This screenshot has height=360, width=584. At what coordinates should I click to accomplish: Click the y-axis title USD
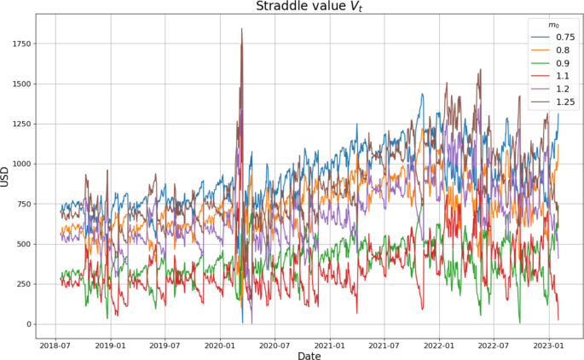point(7,177)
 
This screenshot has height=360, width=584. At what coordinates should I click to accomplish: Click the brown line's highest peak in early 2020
point(241,30)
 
